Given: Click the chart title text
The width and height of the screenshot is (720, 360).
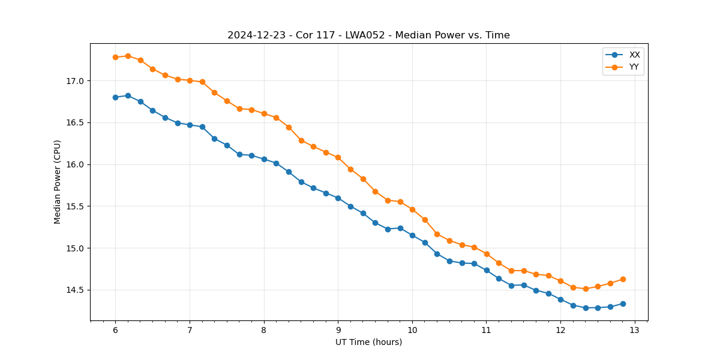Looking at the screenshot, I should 368,35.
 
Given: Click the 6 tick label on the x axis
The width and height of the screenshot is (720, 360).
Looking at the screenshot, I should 115,330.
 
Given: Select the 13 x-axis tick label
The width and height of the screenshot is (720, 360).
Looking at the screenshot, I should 635,330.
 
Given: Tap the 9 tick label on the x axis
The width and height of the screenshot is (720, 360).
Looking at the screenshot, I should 338,330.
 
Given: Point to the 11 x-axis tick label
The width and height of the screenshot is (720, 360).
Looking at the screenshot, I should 486,330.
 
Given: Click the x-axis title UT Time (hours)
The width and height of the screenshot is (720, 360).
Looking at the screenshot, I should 368,343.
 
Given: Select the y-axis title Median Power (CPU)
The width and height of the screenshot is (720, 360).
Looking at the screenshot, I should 58,182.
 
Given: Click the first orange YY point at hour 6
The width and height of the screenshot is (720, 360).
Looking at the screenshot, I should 115,57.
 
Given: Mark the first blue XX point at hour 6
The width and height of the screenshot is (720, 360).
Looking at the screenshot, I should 115,97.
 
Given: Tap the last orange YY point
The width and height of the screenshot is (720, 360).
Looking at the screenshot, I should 623,279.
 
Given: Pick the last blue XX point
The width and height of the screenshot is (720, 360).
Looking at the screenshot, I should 623,304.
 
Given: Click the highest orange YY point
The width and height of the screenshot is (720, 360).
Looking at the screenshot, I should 128,56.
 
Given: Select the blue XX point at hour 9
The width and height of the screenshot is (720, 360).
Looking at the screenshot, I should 338,198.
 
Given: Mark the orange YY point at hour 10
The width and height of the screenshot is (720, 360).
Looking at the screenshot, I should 412,209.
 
